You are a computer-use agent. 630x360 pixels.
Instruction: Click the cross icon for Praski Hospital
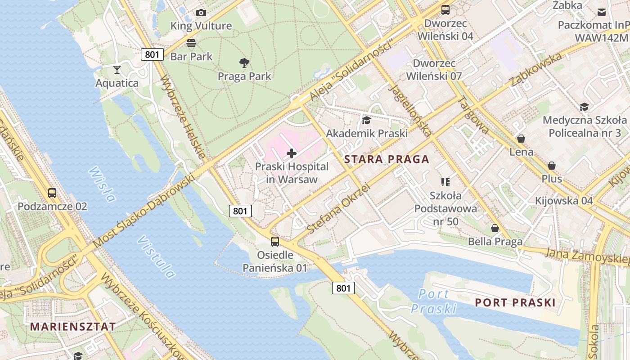pos(292,153)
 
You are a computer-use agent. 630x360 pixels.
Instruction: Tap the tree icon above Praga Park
pos(244,63)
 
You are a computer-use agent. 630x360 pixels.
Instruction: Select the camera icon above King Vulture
pos(201,13)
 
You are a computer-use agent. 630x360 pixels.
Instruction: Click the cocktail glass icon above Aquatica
pos(117,69)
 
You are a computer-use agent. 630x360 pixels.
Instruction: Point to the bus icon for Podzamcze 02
pos(52,193)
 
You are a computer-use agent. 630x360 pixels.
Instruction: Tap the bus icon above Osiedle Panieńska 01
pos(275,242)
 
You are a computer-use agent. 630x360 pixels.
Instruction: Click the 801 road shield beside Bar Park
pos(152,54)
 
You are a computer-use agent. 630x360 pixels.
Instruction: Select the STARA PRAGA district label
pos(387,159)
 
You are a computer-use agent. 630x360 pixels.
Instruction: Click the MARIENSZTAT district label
pos(73,327)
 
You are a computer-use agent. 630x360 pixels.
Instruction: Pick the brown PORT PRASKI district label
pos(515,302)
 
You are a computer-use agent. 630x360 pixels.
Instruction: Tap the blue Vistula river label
pos(156,257)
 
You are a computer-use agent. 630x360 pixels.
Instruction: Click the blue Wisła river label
pos(102,184)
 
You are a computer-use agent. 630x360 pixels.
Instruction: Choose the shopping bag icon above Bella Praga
pos(495,228)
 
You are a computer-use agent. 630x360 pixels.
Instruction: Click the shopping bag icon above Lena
pos(521,139)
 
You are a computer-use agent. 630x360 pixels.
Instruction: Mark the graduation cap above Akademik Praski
pos(366,120)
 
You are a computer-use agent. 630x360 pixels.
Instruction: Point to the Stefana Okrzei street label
pos(338,208)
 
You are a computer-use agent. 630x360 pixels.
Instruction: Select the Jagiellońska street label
pos(410,110)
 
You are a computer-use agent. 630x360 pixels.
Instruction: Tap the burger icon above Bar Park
pos(191,43)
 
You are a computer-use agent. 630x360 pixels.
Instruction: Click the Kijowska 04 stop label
pos(564,201)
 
